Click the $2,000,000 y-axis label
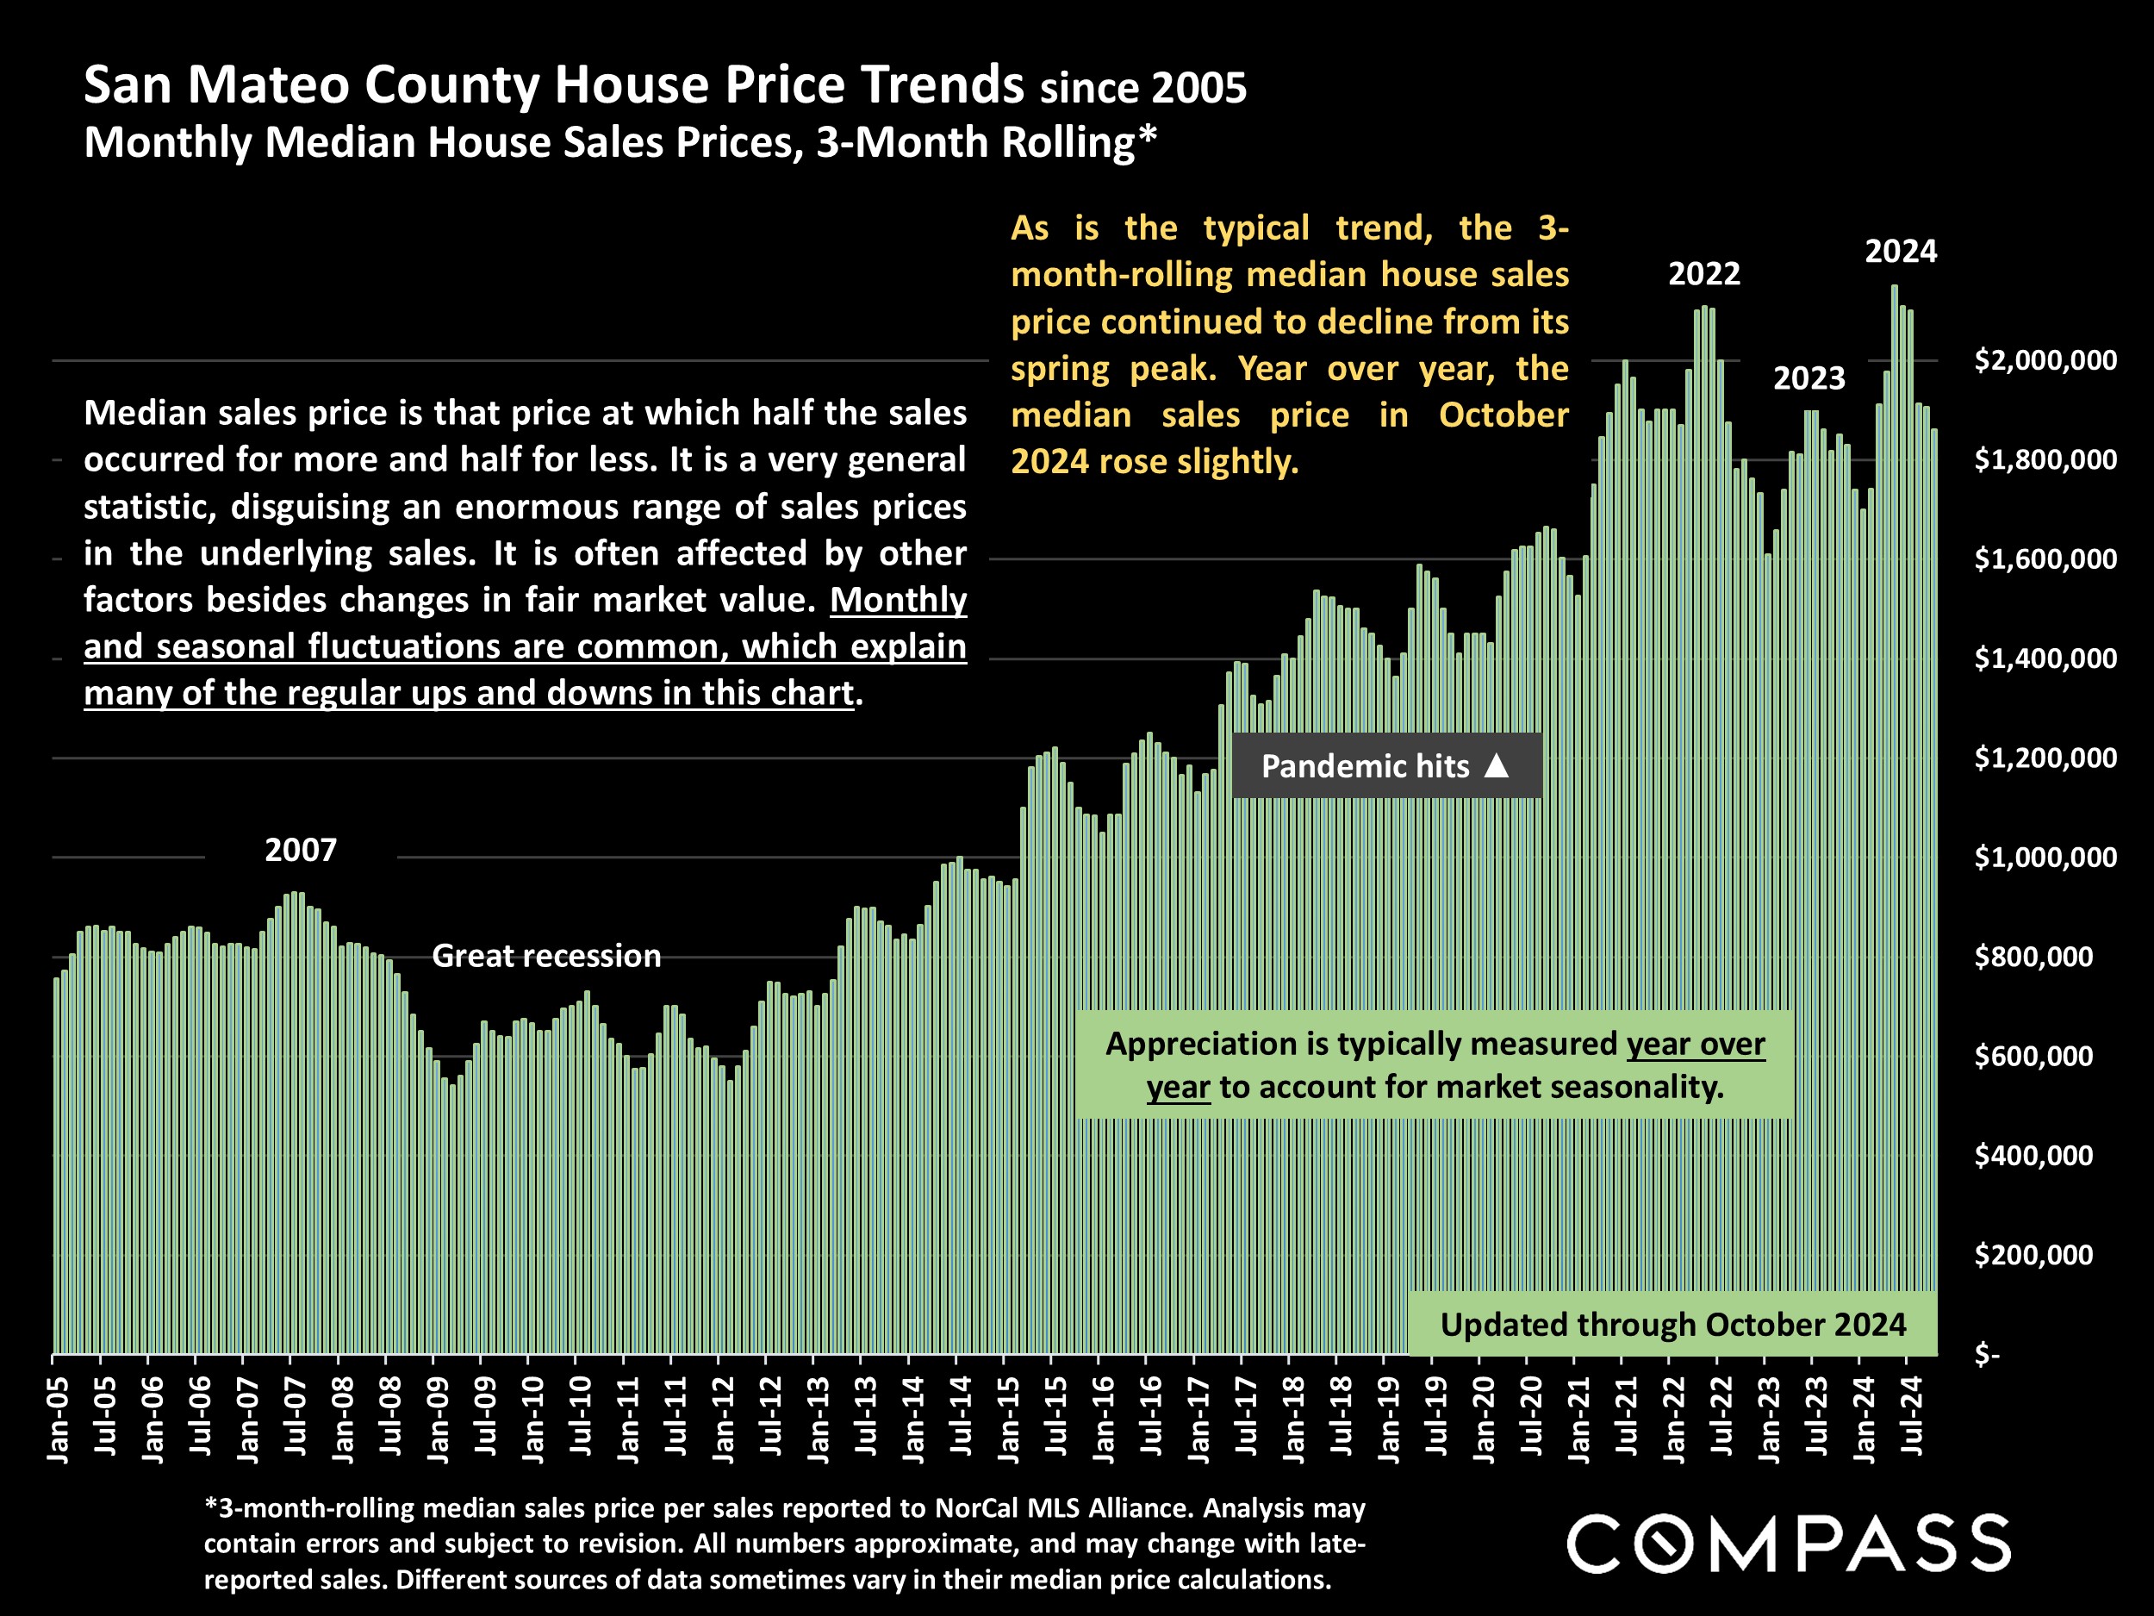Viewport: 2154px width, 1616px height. tap(2044, 360)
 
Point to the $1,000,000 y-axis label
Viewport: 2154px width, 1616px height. tap(2044, 858)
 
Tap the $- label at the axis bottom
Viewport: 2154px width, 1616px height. tap(1987, 1354)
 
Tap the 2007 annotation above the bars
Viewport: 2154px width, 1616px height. tap(300, 851)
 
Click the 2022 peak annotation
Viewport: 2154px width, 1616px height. tap(1703, 274)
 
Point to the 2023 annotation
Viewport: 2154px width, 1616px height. tap(1808, 378)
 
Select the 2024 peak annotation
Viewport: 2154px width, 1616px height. tap(1900, 252)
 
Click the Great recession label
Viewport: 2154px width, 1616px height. tap(546, 956)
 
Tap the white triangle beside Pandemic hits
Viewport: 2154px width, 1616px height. tap(1497, 765)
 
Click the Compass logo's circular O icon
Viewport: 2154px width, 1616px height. tap(1659, 1543)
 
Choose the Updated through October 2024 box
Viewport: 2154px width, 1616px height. tap(1672, 1325)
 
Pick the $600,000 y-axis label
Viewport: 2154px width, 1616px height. tap(2033, 1056)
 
